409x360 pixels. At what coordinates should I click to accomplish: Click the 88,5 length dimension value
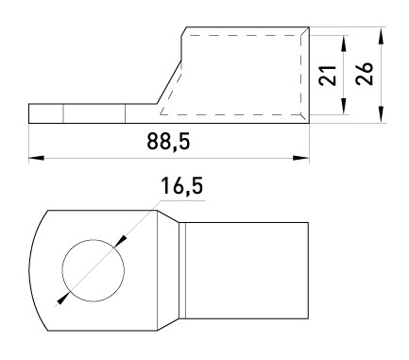coord(168,142)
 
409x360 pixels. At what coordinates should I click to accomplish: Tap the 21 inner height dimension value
coord(328,76)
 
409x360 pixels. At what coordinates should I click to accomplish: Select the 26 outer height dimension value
coord(365,74)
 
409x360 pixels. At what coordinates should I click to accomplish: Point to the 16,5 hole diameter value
coord(182,186)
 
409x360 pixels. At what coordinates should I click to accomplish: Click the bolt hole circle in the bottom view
coord(94,240)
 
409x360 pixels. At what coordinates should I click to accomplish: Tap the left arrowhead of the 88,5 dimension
coord(36,158)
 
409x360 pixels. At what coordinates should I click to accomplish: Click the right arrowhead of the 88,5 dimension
coord(301,158)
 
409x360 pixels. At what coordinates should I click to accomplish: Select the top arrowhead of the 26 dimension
coord(381,35)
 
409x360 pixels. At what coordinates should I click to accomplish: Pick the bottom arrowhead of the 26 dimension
coord(381,114)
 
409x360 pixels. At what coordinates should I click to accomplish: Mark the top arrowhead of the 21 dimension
coord(344,43)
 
